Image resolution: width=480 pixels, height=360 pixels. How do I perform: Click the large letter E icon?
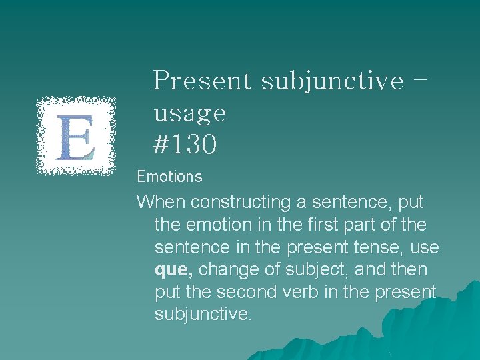click(x=76, y=136)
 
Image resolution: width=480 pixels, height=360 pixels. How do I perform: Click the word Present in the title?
click(x=202, y=81)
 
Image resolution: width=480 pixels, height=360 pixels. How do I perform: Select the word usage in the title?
click(x=190, y=113)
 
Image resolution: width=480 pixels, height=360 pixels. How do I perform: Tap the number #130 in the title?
click(x=185, y=145)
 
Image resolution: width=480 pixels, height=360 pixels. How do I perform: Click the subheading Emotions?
click(x=169, y=177)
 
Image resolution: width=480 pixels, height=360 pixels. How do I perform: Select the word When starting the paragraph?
click(x=159, y=201)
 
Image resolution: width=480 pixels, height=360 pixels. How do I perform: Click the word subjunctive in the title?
click(x=332, y=81)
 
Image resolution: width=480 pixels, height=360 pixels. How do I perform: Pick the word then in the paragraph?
click(x=408, y=270)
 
